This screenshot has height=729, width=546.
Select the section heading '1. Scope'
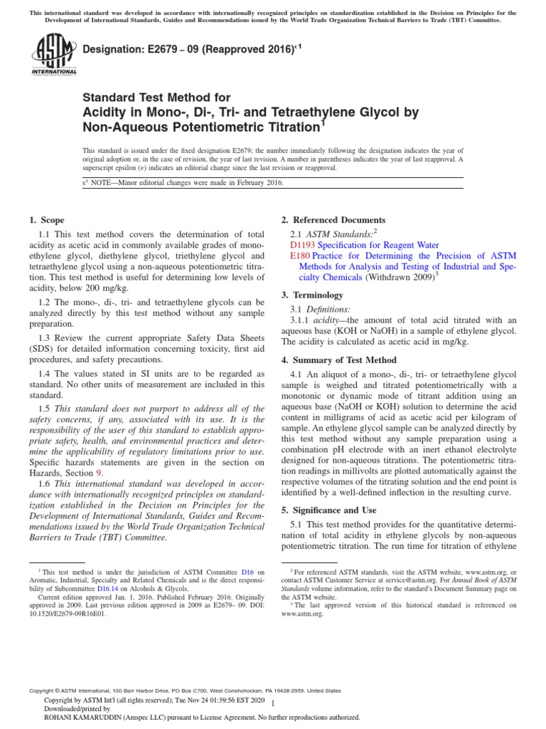pyautogui.click(x=45, y=220)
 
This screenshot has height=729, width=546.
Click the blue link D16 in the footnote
pyautogui.click(x=248, y=572)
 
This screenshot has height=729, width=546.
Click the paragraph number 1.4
pyautogui.click(x=45, y=374)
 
